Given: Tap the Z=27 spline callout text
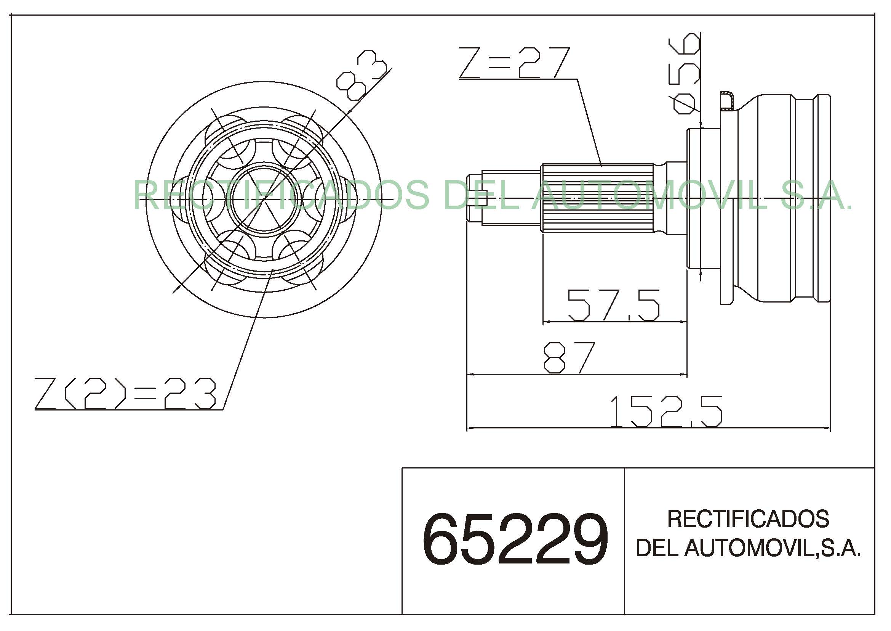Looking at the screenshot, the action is [x=515, y=63].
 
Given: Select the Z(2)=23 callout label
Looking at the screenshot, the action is [x=125, y=393].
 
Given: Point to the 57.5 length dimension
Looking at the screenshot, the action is [x=614, y=305].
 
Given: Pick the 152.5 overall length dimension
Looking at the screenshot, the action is [x=666, y=411].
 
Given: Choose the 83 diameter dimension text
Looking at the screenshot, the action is [x=362, y=75].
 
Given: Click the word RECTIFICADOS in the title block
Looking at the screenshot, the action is [x=748, y=519].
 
